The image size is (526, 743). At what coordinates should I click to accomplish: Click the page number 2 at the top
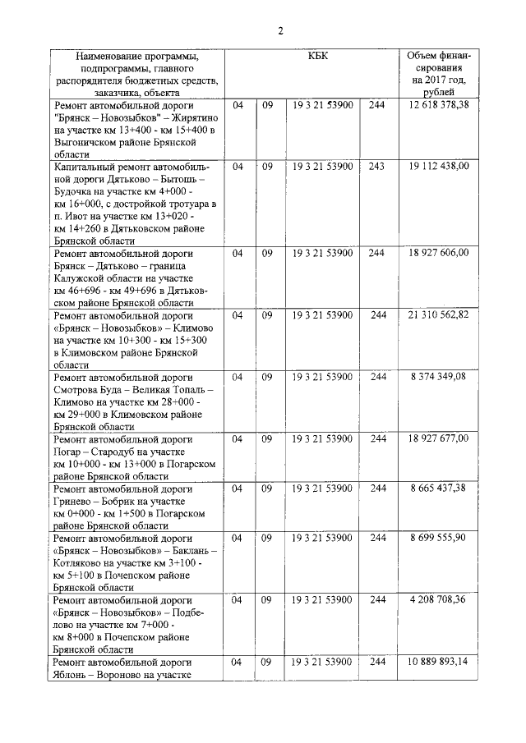point(280,30)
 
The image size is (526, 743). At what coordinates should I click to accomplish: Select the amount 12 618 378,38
point(440,105)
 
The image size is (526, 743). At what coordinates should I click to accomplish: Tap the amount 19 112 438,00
point(440,166)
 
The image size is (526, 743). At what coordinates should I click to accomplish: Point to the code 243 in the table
point(377,166)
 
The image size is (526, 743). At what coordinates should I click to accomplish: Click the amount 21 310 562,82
point(440,315)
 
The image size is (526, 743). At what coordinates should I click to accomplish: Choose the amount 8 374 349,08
point(440,377)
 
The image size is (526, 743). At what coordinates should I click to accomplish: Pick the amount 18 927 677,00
point(440,438)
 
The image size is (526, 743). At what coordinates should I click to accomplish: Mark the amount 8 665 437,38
point(440,488)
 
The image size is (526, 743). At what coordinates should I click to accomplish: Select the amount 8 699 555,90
point(440,538)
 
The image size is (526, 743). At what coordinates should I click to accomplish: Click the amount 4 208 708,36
point(440,600)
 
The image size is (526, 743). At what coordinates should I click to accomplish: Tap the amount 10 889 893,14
point(440,662)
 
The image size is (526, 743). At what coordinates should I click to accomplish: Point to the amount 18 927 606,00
point(440,253)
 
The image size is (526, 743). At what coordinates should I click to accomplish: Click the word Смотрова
point(79,390)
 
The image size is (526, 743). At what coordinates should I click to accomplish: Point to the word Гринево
point(75,502)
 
